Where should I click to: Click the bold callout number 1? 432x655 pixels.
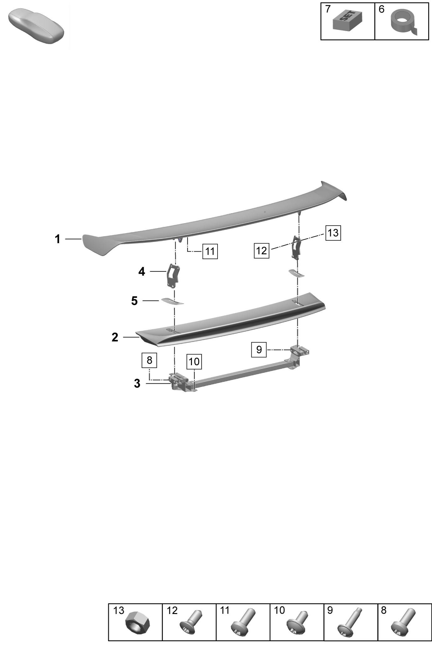click(57, 239)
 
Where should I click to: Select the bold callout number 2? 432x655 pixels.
click(115, 337)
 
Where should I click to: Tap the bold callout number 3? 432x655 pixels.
click(137, 383)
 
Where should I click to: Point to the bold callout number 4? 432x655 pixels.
click(142, 271)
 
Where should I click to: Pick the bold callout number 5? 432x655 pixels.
click(134, 301)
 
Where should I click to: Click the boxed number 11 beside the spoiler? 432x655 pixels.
click(210, 251)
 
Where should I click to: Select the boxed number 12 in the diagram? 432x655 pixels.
click(261, 250)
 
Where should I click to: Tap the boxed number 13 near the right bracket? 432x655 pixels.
click(333, 233)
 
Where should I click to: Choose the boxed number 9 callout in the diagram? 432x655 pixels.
click(259, 349)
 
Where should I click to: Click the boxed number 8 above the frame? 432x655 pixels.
click(149, 360)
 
